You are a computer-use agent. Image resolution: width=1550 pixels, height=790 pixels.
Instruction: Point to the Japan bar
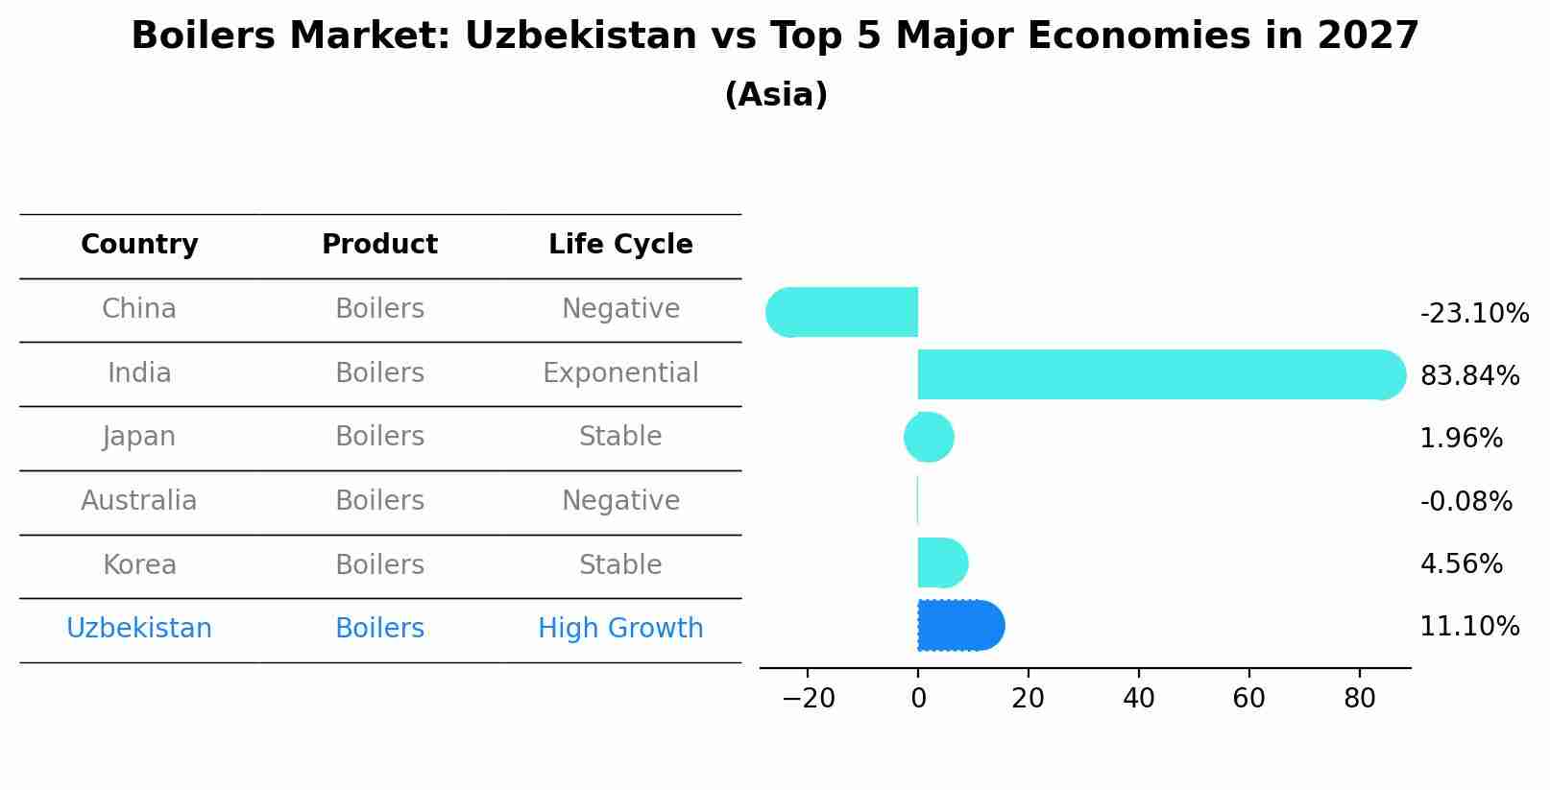click(x=929, y=438)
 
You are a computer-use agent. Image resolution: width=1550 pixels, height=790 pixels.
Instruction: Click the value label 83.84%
click(x=1469, y=376)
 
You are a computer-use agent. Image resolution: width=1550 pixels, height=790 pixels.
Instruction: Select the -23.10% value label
click(x=1474, y=314)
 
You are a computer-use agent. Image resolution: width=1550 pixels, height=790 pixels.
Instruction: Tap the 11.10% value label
click(x=1469, y=627)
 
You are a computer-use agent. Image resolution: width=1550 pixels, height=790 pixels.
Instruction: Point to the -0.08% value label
click(x=1465, y=502)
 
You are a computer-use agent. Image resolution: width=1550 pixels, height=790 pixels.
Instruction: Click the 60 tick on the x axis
click(x=1248, y=699)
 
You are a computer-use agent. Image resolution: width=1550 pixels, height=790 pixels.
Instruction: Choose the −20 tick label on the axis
click(x=808, y=699)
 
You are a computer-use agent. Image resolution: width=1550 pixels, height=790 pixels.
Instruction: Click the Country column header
click(x=139, y=245)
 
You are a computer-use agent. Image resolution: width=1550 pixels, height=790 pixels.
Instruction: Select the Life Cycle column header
click(x=620, y=245)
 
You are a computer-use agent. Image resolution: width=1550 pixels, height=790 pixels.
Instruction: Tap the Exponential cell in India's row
click(x=620, y=373)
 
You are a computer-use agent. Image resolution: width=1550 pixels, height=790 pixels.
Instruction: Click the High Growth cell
click(x=620, y=629)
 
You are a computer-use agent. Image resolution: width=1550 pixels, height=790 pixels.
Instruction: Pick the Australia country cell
click(x=139, y=501)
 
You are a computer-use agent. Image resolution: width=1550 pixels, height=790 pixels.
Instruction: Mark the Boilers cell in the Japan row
click(x=379, y=437)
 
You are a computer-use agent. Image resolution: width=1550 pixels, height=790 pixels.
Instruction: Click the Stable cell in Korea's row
click(x=620, y=565)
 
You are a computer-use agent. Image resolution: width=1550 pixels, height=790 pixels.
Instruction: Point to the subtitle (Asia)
click(x=775, y=95)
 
